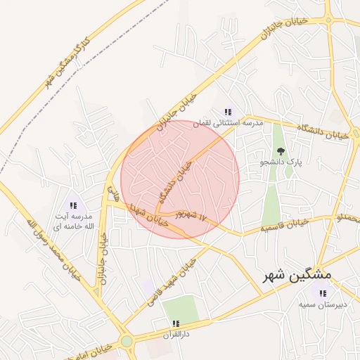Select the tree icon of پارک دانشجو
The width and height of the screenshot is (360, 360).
click(x=281, y=150)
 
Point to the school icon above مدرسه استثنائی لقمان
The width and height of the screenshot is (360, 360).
click(x=227, y=112)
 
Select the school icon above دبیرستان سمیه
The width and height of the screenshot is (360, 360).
click(x=322, y=293)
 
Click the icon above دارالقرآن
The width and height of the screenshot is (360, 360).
click(x=175, y=323)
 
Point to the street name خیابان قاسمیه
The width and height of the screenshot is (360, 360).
click(x=285, y=225)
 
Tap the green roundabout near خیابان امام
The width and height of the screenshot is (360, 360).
click(x=127, y=342)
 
